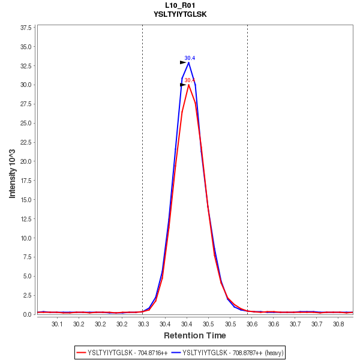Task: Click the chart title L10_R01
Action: tap(180, 5)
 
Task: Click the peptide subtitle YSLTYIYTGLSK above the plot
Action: tap(180, 14)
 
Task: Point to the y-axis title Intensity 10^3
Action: tap(13, 170)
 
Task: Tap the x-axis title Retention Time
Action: tap(195, 335)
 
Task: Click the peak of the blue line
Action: tap(188, 62)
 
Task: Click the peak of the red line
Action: tap(188, 85)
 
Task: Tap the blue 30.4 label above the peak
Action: tap(190, 58)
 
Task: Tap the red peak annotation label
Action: tap(189, 80)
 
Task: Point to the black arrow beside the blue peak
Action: tap(184, 62)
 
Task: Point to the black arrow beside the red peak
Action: tap(184, 85)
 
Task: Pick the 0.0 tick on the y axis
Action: tap(27, 314)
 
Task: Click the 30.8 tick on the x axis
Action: tap(339, 324)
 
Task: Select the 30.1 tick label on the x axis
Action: tap(57, 324)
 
